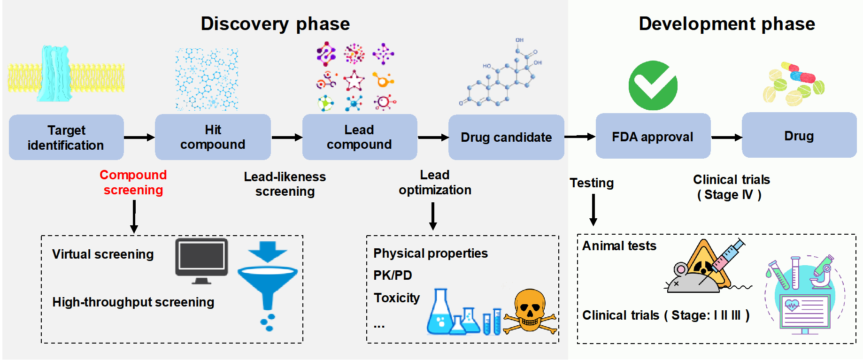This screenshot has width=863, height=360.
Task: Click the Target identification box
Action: (x=66, y=137)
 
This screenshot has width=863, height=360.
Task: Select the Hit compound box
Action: (x=213, y=137)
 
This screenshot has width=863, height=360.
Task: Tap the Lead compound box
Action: (x=359, y=137)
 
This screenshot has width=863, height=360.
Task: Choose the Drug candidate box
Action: (x=506, y=137)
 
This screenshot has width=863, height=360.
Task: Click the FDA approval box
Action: (x=653, y=136)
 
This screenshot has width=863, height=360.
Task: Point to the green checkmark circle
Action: (x=653, y=85)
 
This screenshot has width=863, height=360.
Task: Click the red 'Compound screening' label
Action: (x=133, y=182)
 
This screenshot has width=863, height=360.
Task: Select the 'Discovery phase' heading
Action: (x=275, y=23)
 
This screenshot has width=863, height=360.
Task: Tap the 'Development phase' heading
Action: (x=727, y=23)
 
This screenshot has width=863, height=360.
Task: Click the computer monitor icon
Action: (x=201, y=260)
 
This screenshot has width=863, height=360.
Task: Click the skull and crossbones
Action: (x=530, y=310)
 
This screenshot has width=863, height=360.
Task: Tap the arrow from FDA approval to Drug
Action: (x=726, y=138)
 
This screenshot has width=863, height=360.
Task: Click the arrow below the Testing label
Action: (x=593, y=210)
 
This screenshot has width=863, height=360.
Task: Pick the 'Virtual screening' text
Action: (x=103, y=254)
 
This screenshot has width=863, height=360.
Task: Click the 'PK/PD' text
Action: (x=393, y=275)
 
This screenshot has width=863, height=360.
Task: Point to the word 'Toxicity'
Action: (x=397, y=298)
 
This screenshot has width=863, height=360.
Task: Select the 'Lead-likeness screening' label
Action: (x=285, y=184)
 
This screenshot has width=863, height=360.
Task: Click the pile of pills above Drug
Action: (x=794, y=84)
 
